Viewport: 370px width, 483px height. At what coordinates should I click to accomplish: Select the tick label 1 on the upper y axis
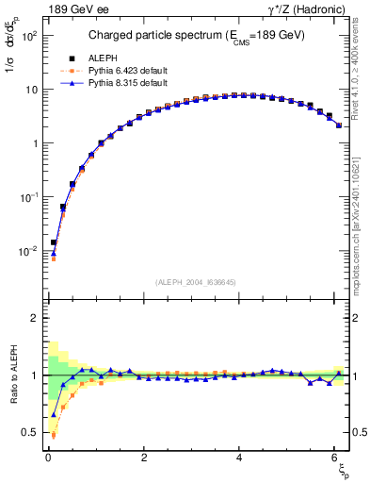[x=33, y=144]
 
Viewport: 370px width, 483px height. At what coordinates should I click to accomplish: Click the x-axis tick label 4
[x=239, y=458]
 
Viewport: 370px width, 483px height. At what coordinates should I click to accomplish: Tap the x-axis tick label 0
[x=48, y=458]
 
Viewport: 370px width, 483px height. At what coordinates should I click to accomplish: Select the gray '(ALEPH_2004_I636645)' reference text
[x=196, y=280]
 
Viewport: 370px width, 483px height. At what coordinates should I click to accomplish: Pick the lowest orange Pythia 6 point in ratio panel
[x=54, y=435]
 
